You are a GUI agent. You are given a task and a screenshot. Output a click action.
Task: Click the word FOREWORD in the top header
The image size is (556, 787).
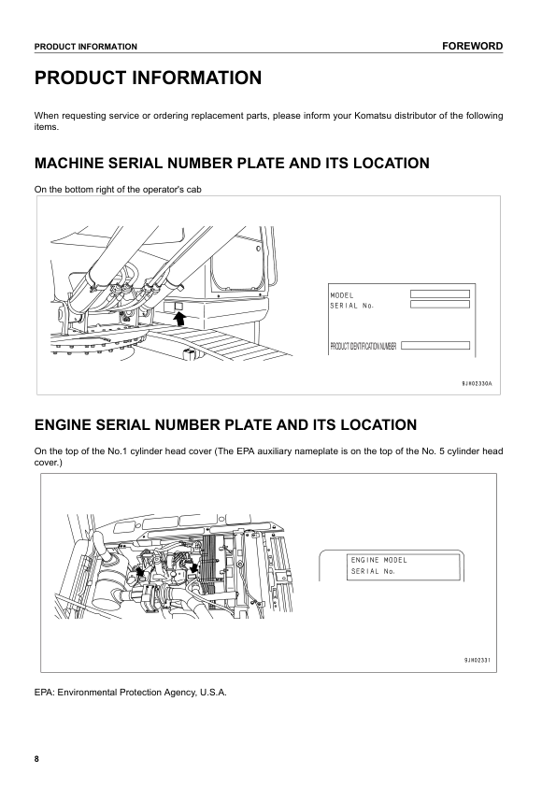[472, 46]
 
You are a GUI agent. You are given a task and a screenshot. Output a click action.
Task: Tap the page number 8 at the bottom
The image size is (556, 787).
[37, 758]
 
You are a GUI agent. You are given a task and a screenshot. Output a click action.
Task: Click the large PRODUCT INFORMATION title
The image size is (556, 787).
[148, 79]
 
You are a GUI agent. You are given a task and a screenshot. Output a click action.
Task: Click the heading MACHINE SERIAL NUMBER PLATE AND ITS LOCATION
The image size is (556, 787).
[232, 164]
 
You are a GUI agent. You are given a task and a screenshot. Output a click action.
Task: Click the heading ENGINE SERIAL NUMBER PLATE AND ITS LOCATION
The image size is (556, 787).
[225, 425]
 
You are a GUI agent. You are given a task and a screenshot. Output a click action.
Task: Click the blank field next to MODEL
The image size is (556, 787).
[439, 293]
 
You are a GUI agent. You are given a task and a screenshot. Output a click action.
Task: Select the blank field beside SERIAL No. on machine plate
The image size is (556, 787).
[439, 305]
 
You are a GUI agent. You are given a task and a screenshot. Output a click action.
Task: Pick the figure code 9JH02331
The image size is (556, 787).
[477, 660]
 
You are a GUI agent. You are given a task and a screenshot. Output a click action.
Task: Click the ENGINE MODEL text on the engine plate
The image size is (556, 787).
[379, 560]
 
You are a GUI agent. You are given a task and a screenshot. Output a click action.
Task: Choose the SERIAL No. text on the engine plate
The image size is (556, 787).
[373, 571]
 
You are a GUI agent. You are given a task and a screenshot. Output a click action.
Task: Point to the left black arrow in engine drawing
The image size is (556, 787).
[140, 567]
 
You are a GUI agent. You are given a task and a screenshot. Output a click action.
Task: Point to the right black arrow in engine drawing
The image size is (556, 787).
[193, 566]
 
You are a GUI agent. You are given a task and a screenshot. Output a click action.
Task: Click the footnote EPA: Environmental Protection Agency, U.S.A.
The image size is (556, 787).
[130, 693]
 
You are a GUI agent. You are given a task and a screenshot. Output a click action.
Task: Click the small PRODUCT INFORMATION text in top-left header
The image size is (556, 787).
[86, 47]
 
